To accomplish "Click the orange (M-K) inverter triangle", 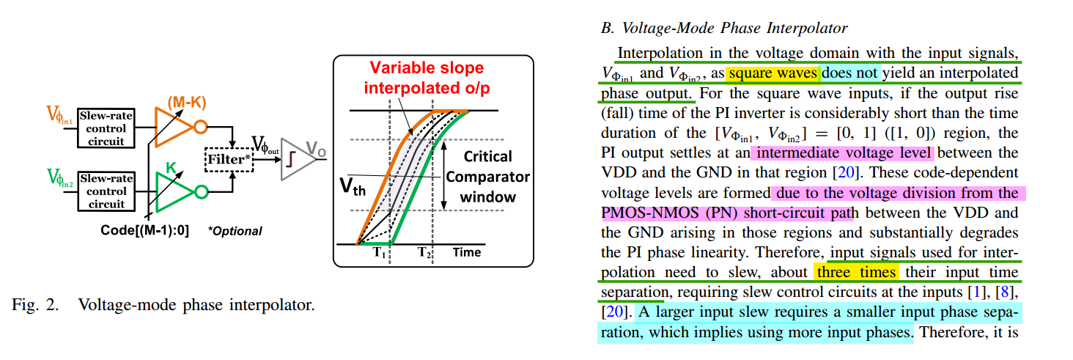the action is click(174, 127).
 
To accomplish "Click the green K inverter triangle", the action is click(174, 192).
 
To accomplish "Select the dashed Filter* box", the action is click(229, 159).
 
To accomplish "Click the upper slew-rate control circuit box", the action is click(106, 128).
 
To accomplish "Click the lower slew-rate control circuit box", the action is click(106, 191).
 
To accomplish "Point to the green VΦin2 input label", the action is click(60, 178).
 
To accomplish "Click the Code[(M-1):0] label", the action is click(144, 230).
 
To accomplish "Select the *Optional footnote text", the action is click(235, 231).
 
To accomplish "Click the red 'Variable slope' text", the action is click(427, 67).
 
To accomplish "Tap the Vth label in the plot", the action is click(352, 186).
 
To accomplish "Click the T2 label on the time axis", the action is click(424, 252).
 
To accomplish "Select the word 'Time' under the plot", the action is click(467, 253).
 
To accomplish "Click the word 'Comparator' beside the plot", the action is click(487, 177).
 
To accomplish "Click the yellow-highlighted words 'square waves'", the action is click(773, 73).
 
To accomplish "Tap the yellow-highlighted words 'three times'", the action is click(856, 272).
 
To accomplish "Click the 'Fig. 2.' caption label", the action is click(35, 305).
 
